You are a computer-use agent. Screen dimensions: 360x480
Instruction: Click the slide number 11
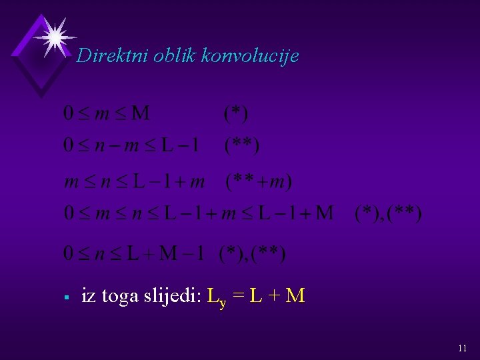(x=463, y=348)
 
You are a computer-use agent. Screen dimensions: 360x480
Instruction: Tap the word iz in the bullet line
(x=87, y=295)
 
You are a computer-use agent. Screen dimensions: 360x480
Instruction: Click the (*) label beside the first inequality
(x=236, y=113)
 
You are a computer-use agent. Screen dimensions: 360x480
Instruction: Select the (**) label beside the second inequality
(x=242, y=145)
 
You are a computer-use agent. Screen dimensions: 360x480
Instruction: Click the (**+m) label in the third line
(x=259, y=181)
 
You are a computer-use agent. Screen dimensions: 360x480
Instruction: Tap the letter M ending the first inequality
(x=141, y=113)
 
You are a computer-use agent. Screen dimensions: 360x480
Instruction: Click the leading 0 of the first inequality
(x=68, y=113)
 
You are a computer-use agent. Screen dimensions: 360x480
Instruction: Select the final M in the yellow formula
(x=295, y=295)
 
